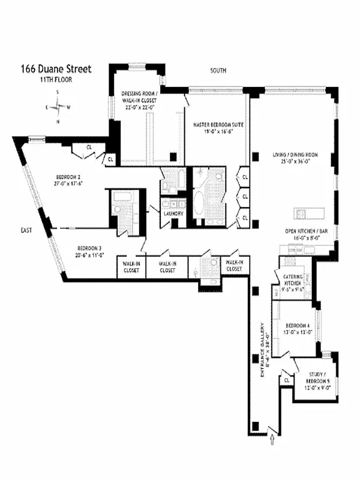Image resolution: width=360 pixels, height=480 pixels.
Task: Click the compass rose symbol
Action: pyautogui.click(x=58, y=107)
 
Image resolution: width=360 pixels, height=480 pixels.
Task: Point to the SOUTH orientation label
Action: pyautogui.click(x=218, y=71)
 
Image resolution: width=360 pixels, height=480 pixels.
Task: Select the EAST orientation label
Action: pyautogui.click(x=26, y=230)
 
